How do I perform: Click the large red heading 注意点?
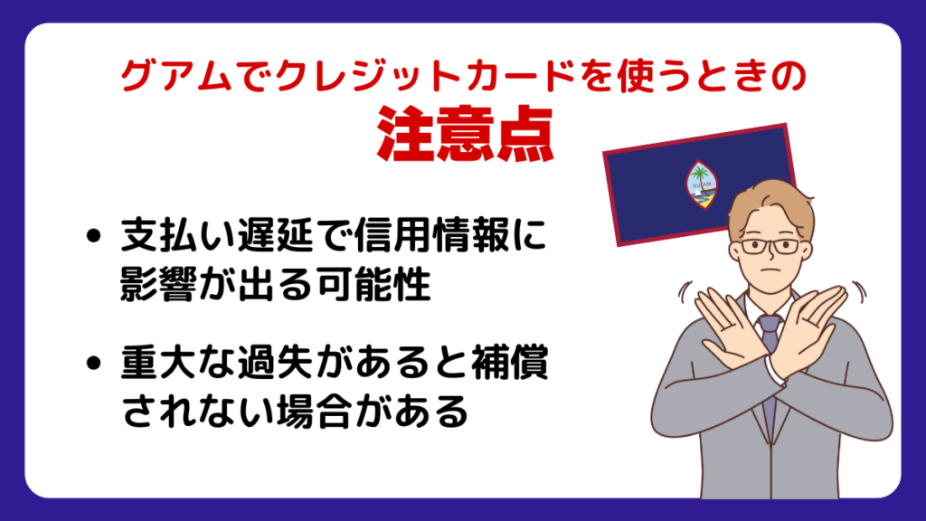465,135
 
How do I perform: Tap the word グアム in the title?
176,77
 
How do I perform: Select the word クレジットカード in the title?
425,77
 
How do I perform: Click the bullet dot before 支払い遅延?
93,236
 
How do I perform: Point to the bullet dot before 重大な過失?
93,362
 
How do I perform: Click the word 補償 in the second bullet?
509,362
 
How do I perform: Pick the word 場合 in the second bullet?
314,412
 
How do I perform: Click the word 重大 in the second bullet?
158,362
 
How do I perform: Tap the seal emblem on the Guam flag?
701,185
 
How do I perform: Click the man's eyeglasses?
770,246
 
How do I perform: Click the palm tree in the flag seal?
701,175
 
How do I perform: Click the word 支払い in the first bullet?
177,235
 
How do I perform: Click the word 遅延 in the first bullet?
275,235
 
